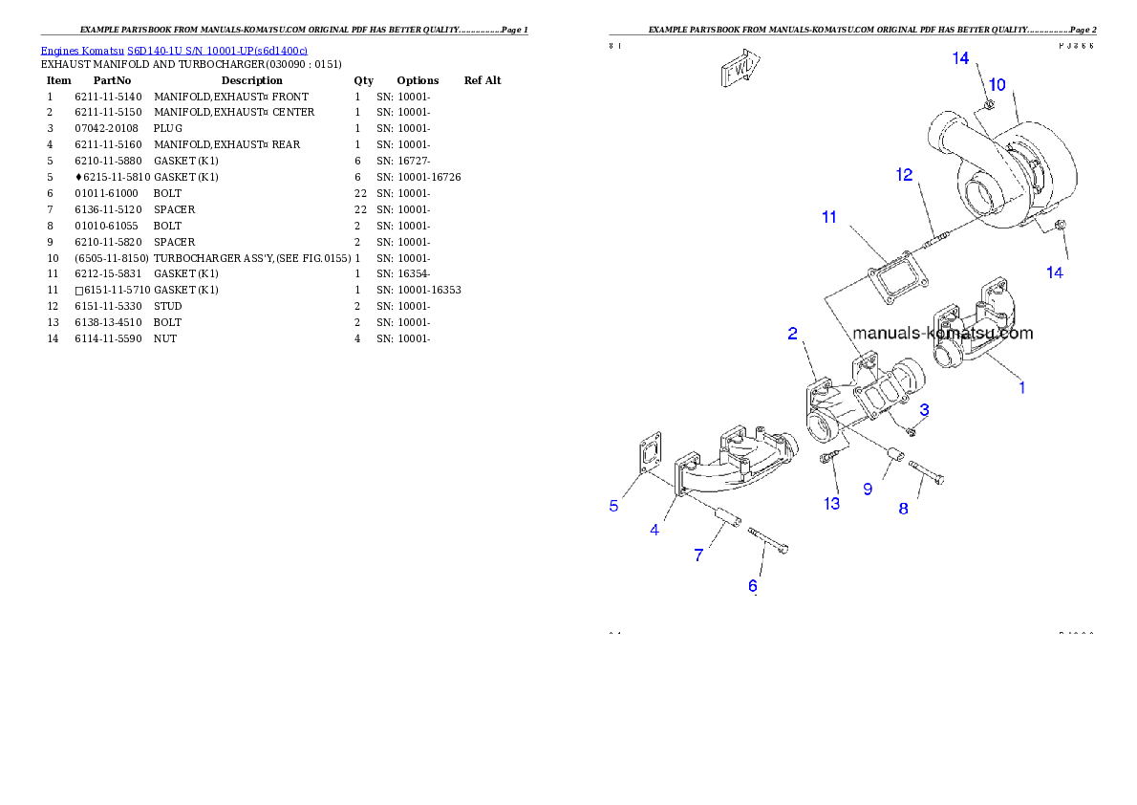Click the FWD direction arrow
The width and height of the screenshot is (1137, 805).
tap(740, 70)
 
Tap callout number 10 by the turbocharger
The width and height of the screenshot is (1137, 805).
tap(997, 85)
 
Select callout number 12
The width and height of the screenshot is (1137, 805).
tap(904, 175)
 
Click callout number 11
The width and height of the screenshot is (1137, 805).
tap(829, 217)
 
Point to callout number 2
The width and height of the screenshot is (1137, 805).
tap(793, 333)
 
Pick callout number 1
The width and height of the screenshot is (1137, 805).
tap(1021, 387)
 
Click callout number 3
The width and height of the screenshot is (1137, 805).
tap(924, 409)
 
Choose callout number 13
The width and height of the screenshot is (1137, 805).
tap(832, 503)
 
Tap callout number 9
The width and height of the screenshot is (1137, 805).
tap(868, 489)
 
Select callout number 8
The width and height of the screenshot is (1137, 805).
tap(903, 509)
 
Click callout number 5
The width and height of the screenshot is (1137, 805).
tap(614, 506)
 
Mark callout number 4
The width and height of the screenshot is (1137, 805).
tap(654, 530)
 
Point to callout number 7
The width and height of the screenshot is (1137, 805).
tap(698, 555)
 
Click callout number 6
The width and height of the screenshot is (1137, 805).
tap(753, 585)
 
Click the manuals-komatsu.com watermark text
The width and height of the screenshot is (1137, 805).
tap(942, 334)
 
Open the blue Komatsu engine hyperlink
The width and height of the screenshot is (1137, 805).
tap(173, 50)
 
